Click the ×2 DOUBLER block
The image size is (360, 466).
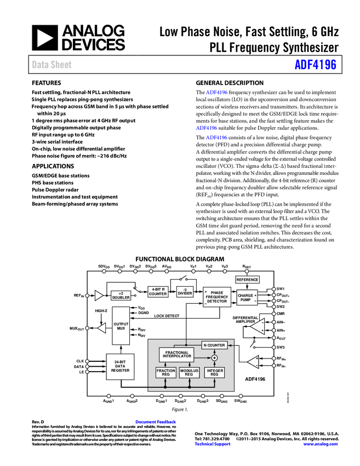coord(121,295)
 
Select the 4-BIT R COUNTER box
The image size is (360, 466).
coord(158,292)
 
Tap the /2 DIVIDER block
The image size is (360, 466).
coord(185,292)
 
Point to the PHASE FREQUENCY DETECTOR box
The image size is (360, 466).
coord(217,297)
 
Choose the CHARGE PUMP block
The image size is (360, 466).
coord(247,298)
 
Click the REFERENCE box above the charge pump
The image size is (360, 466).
coord(247,280)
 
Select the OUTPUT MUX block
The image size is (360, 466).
coord(121,326)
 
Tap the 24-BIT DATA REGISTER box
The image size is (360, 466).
coord(120,367)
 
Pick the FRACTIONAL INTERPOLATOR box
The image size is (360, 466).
coord(176,355)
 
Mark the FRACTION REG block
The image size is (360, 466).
coord(165,373)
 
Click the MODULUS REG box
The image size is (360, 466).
coord(190,373)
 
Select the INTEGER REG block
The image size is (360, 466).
coord(214,373)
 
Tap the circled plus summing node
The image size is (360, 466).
coord(214,358)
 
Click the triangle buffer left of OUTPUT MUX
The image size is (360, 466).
coord(101,328)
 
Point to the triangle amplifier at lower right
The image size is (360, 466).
coord(253,362)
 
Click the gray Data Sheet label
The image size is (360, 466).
coord(52,65)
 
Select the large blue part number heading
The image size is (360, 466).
coord(315,64)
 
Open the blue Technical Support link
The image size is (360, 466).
coord(213,444)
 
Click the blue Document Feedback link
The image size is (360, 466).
coord(156,422)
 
